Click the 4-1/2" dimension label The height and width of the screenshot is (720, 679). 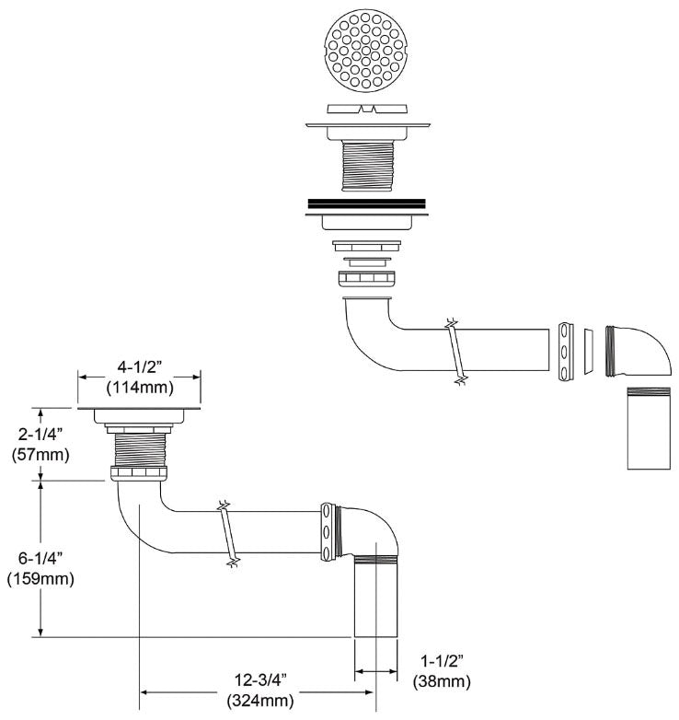(x=140, y=367)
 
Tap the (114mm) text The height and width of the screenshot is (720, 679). (x=140, y=388)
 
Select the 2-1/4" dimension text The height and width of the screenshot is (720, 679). (x=40, y=434)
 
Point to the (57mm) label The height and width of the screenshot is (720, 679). (x=40, y=455)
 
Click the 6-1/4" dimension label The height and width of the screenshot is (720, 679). (x=40, y=558)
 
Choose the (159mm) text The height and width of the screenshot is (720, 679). (x=40, y=578)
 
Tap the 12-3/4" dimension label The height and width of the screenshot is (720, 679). (x=260, y=679)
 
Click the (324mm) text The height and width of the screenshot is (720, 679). (x=260, y=701)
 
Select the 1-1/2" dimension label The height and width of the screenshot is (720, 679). (x=442, y=661)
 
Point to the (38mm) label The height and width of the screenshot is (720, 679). (x=442, y=682)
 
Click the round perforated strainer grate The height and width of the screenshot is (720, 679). (x=365, y=51)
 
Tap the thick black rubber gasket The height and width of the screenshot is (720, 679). (x=366, y=203)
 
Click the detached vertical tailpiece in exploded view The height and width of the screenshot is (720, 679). (x=649, y=428)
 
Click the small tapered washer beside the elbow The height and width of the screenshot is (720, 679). (x=589, y=352)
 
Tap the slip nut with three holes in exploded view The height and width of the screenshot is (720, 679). (x=566, y=352)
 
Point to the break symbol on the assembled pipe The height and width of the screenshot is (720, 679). (x=228, y=534)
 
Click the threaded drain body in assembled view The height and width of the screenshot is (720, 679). (x=139, y=450)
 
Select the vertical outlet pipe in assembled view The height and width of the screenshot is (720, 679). (x=375, y=596)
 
